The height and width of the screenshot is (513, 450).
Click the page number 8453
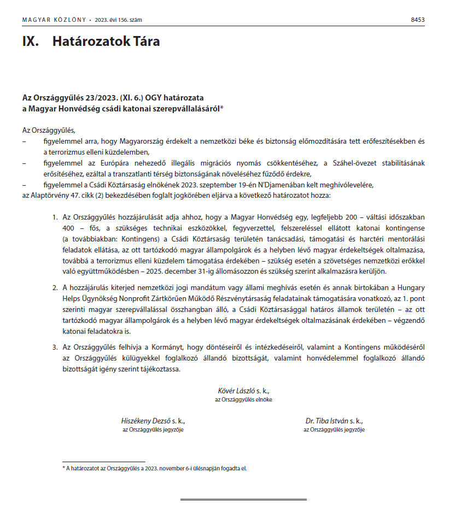(417, 20)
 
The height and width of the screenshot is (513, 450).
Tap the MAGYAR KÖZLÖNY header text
(54, 20)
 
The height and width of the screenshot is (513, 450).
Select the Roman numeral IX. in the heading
(31, 42)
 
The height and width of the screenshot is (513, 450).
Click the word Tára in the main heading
(144, 42)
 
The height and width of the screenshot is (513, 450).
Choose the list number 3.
(55, 347)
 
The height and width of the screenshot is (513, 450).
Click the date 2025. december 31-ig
(221, 272)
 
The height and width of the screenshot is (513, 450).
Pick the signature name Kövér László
(235, 391)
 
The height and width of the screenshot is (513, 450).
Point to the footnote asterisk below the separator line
(63, 468)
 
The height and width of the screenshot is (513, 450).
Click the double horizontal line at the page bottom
(243, 499)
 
